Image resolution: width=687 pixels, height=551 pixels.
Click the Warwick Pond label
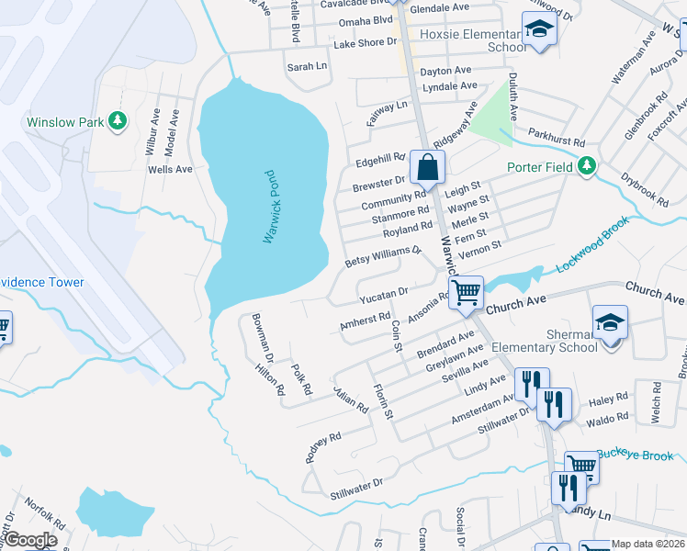point(269,207)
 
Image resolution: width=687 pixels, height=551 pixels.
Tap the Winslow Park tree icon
point(118,121)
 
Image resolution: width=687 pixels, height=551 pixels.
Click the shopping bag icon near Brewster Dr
point(427,168)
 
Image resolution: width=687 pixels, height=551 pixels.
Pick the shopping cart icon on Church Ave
point(467,293)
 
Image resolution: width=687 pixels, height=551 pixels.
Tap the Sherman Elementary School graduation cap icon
point(610,321)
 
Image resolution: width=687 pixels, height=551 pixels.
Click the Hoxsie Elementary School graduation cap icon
point(540,28)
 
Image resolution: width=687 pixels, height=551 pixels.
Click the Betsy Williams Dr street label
point(383,256)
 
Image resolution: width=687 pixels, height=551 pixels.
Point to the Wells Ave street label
point(170,169)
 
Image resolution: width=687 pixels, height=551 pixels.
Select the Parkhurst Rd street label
point(557,142)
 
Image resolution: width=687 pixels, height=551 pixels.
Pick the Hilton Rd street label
point(270,377)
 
